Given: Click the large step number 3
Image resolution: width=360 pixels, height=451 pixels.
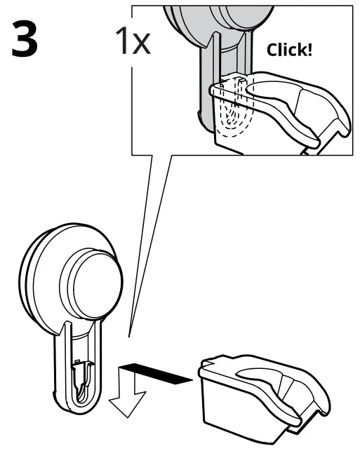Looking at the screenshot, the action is (25, 39).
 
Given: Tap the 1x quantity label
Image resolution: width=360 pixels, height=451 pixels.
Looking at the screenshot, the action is (133, 41).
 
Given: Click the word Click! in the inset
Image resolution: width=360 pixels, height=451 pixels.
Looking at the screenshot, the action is (289, 50).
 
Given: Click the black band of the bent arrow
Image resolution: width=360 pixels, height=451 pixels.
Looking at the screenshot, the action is (155, 373).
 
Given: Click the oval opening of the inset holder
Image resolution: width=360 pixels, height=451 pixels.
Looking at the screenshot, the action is (270, 92).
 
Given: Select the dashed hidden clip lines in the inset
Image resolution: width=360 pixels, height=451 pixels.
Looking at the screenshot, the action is (233, 107).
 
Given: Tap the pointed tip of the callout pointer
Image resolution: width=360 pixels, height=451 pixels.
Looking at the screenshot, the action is (129, 337).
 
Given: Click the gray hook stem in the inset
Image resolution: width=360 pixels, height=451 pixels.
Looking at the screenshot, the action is (206, 86).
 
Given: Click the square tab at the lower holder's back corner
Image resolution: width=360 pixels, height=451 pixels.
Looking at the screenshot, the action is (206, 363).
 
